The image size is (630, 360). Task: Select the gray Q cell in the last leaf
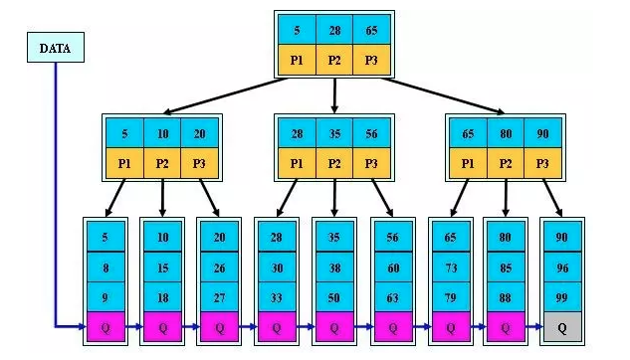[x=562, y=324]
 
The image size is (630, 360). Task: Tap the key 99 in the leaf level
[x=562, y=295]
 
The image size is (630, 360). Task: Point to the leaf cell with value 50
[x=334, y=295]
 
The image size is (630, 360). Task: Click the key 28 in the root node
[x=334, y=30]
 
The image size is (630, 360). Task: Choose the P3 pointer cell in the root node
[x=371, y=60]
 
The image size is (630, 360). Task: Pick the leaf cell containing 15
[x=162, y=268]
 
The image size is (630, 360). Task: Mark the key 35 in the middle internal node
[x=334, y=132]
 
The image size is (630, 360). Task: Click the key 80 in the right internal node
[x=505, y=132]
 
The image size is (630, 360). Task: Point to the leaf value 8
[x=106, y=268]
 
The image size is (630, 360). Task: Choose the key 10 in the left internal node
[x=162, y=132]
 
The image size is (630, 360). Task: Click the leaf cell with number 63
[x=391, y=295]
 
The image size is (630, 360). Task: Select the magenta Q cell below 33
[x=278, y=324]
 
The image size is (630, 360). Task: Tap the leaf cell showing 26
[x=220, y=268]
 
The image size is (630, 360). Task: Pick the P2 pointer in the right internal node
[x=505, y=162]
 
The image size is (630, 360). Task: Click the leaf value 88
[x=505, y=295]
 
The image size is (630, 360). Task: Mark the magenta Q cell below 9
[x=106, y=324]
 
